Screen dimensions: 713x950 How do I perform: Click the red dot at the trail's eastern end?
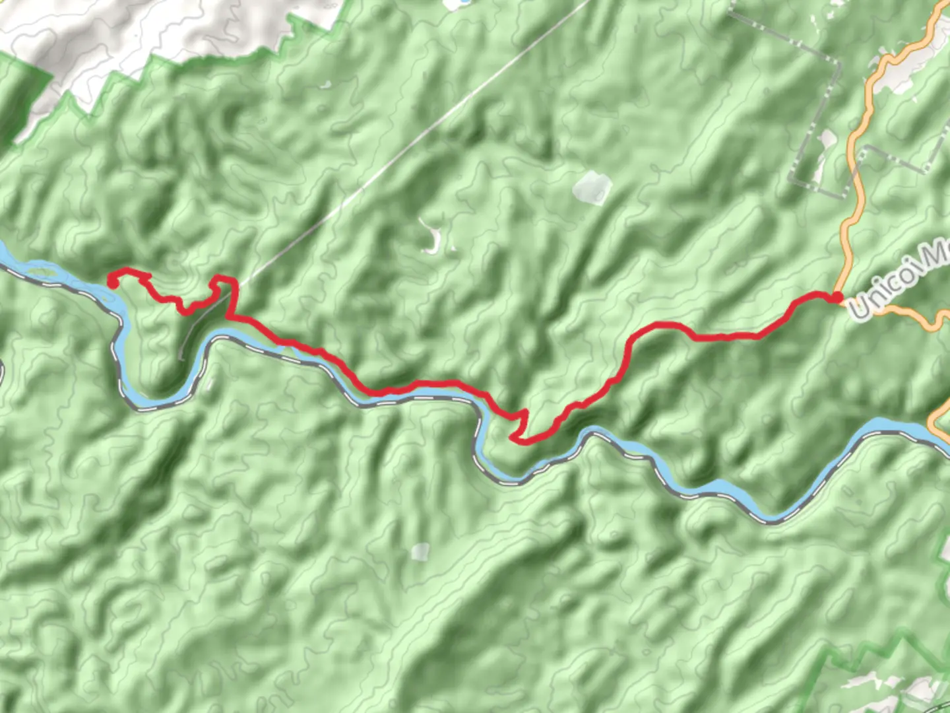[837, 298]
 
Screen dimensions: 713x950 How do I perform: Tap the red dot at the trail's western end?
[111, 283]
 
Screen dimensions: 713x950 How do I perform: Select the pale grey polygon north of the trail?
[592, 186]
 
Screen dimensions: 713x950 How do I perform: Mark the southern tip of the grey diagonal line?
[181, 358]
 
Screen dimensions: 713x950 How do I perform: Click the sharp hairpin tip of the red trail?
[513, 436]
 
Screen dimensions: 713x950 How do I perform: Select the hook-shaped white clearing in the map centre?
[432, 241]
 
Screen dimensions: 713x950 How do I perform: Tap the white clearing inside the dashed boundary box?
[825, 142]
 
